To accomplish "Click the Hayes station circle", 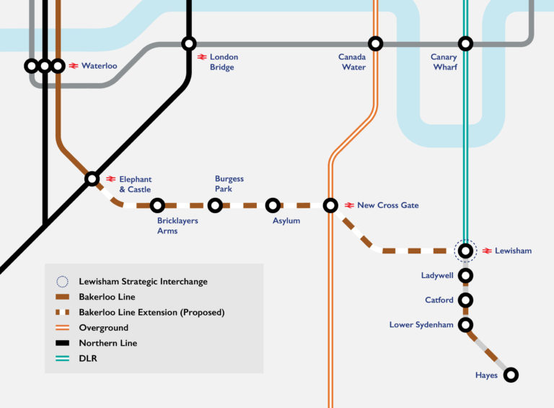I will (511, 375).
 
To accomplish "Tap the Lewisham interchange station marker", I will (466, 251).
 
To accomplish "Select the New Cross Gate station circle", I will (330, 205).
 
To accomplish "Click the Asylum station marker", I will (273, 205).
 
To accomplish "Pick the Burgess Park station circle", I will (215, 205).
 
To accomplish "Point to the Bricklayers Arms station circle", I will (157, 205).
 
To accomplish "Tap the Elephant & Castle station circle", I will (92, 178).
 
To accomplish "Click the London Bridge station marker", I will (189, 43).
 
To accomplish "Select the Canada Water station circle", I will (375, 43).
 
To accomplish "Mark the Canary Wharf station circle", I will (466, 43).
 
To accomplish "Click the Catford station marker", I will (466, 300).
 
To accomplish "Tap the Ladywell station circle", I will (466, 275).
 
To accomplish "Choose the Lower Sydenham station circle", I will (466, 324).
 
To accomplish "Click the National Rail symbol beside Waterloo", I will (74, 66).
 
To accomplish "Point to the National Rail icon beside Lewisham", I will (487, 251).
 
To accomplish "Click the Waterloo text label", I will (99, 66).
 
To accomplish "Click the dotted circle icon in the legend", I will (63, 282).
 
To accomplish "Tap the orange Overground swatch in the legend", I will (63, 328).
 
